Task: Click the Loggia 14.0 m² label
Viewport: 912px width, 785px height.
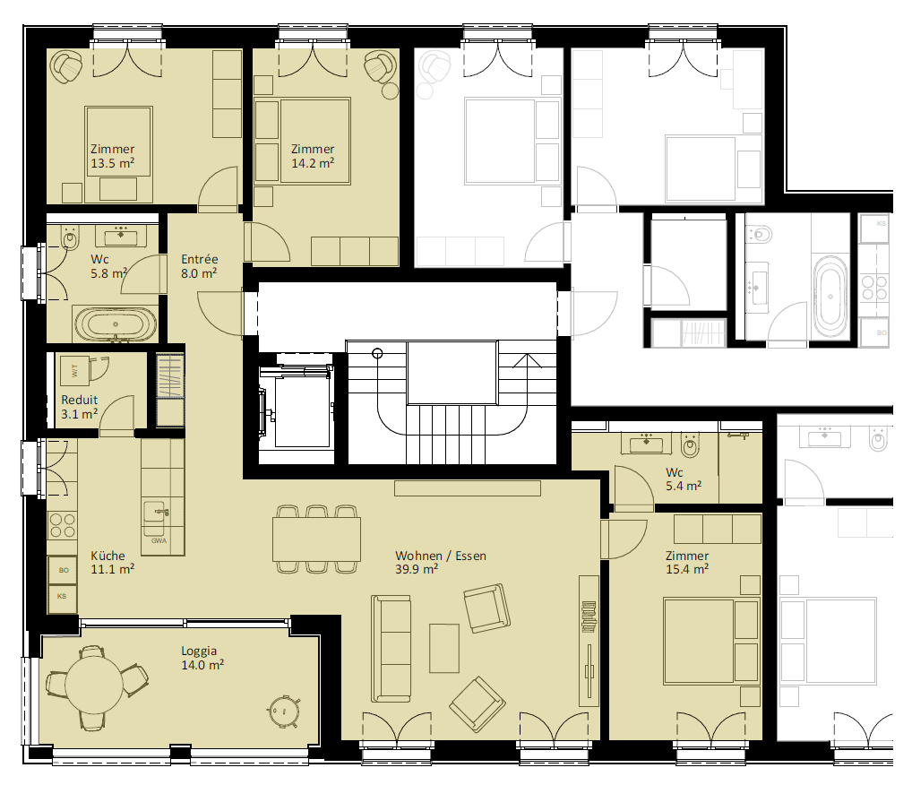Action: (202, 658)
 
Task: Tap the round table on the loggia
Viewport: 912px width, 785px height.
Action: (94, 685)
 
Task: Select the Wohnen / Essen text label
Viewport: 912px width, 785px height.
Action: (440, 556)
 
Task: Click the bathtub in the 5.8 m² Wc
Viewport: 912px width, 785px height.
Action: (116, 323)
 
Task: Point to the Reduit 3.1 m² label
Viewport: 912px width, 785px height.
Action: (80, 407)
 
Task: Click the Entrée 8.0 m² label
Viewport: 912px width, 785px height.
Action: (200, 266)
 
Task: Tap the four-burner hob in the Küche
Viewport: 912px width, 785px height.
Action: (62, 525)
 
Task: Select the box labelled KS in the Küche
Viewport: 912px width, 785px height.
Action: (62, 597)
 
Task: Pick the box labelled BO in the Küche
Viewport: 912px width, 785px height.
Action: (63, 570)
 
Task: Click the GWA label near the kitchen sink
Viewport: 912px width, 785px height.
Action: (159, 540)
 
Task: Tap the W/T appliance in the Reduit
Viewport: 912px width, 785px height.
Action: (74, 371)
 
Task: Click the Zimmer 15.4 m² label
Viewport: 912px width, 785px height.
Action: (687, 562)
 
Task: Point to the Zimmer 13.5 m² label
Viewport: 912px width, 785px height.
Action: (112, 156)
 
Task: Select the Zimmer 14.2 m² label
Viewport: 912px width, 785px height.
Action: (313, 156)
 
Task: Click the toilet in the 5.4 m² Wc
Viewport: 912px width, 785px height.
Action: (691, 445)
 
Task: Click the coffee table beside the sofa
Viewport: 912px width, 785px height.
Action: (444, 648)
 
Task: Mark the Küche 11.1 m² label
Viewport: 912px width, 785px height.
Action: (112, 562)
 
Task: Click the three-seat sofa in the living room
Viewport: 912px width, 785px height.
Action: (391, 648)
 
